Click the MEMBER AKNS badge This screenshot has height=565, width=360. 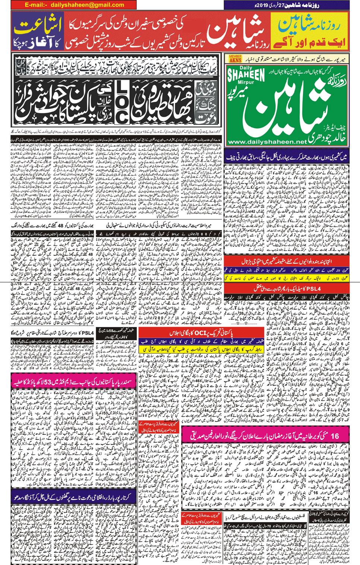point(236,59)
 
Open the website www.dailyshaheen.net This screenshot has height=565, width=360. point(267,142)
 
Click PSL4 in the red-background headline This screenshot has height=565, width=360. point(312,289)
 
